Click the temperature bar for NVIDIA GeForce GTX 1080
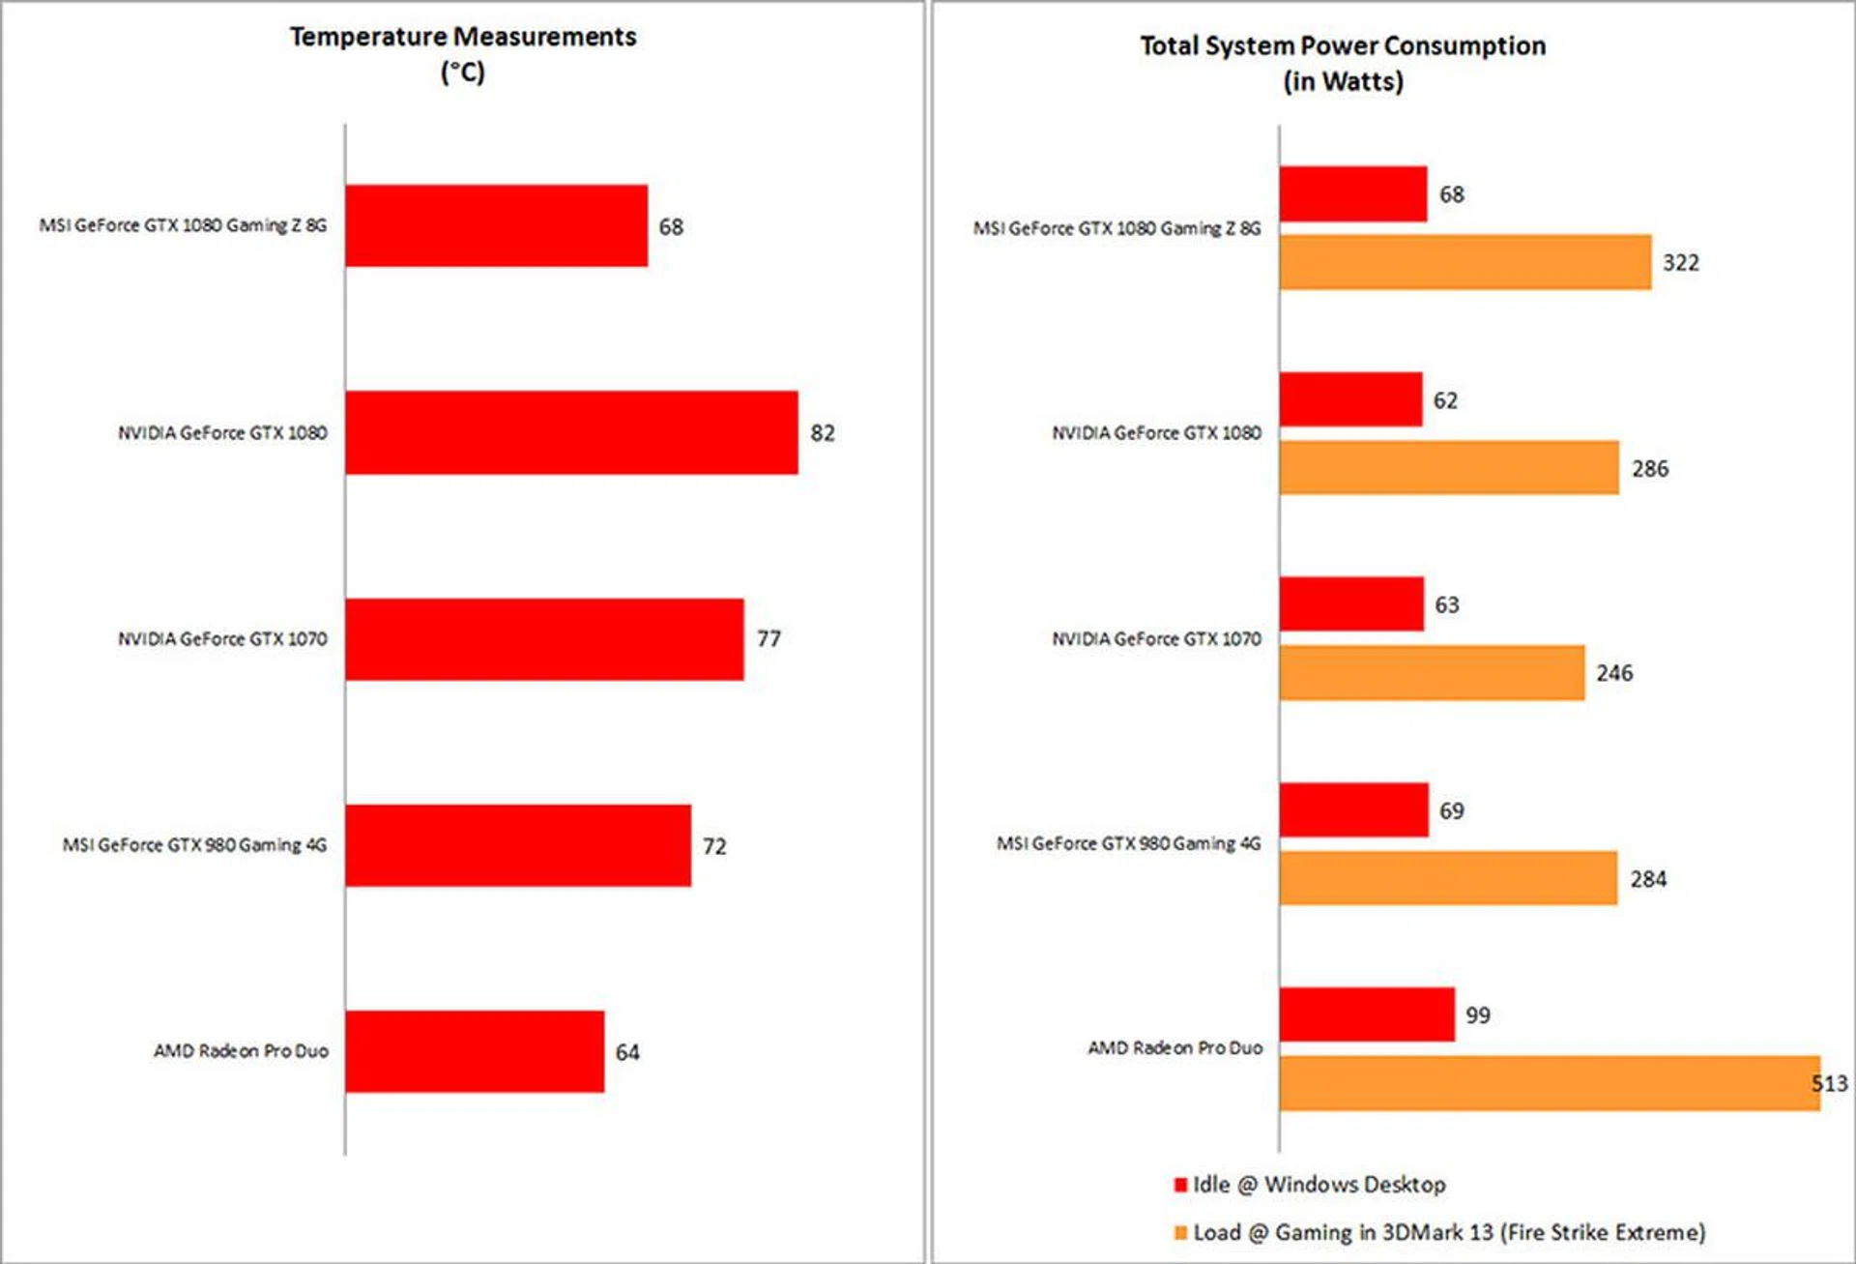click(x=571, y=432)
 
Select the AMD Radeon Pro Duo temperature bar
click(x=475, y=1051)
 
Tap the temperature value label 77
click(x=768, y=639)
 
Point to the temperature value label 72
click(x=714, y=846)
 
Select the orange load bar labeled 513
click(x=1549, y=1083)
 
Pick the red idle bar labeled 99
click(x=1367, y=1014)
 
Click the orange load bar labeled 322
click(x=1465, y=262)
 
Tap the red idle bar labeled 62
click(x=1350, y=399)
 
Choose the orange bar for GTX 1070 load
click(x=1432, y=673)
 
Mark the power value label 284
click(x=1648, y=879)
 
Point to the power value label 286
click(x=1650, y=469)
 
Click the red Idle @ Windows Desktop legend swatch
click(x=1180, y=1185)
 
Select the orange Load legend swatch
click(x=1180, y=1233)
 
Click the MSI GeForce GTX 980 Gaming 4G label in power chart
click(x=1128, y=843)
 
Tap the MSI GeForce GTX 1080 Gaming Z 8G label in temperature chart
click(x=183, y=225)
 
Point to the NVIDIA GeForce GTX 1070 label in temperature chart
click(x=222, y=639)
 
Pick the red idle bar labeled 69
click(x=1353, y=810)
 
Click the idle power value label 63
click(x=1446, y=605)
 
